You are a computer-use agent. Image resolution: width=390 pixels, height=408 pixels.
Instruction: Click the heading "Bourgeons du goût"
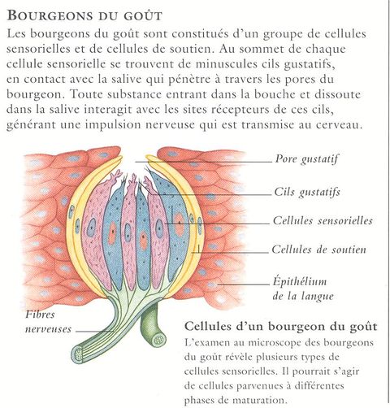[84, 15]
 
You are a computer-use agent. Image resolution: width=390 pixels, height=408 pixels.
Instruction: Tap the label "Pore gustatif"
[306, 159]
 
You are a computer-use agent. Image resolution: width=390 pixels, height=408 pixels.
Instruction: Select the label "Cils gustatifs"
[307, 193]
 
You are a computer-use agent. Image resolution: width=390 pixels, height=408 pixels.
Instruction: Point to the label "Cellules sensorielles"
[323, 220]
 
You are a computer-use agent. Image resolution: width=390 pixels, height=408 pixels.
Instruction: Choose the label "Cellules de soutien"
[318, 250]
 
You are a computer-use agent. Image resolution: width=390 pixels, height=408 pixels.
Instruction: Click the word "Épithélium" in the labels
[300, 282]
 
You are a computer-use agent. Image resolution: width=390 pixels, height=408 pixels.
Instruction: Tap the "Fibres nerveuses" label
[48, 322]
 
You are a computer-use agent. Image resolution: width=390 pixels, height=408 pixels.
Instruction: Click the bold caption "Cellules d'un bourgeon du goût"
[280, 327]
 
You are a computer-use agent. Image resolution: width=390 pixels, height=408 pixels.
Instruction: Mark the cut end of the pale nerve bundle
[79, 354]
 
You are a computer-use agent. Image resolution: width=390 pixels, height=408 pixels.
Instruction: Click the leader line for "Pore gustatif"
[203, 162]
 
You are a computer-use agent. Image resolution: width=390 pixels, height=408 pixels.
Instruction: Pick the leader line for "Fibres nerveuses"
[94, 331]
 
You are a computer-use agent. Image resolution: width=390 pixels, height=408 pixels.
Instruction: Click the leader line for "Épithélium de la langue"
[244, 284]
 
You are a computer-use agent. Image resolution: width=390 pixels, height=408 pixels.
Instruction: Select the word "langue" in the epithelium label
[316, 296]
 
